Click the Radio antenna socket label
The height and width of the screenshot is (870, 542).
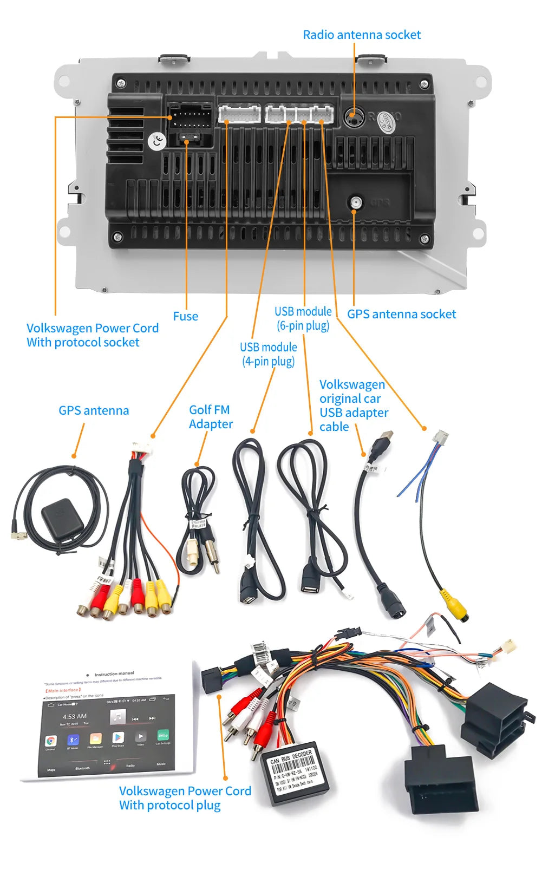(361, 35)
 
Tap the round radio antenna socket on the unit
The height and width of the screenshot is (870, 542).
(353, 116)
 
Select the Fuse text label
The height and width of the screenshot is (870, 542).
(185, 316)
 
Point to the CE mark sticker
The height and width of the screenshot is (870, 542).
(157, 142)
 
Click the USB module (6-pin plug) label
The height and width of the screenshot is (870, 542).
(303, 318)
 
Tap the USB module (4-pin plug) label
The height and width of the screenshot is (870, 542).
(268, 354)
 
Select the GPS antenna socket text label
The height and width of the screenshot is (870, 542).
(401, 314)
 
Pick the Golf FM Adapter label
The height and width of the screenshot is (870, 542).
(210, 417)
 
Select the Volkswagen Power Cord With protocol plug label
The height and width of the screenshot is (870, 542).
(185, 798)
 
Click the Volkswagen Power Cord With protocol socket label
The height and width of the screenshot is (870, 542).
(92, 335)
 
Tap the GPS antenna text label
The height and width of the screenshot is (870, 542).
(94, 410)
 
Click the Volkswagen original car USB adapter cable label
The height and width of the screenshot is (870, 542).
(353, 405)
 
